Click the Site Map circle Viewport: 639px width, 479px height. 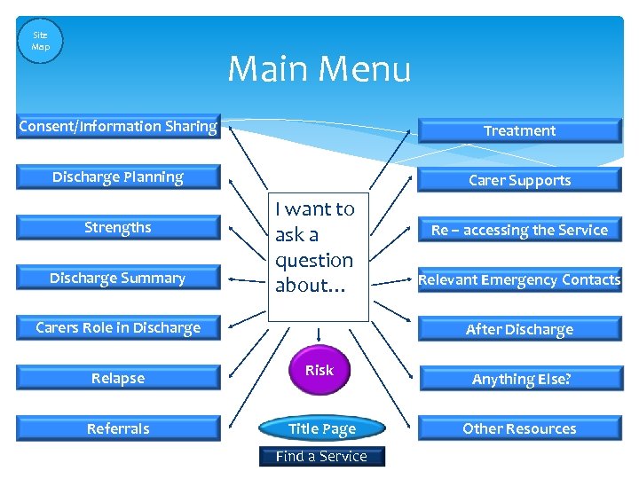[x=41, y=41]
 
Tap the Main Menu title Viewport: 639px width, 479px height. [x=319, y=68]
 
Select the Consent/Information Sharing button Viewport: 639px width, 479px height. [x=118, y=127]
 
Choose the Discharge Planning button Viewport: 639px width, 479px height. [x=118, y=177]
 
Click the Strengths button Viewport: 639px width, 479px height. [x=118, y=228]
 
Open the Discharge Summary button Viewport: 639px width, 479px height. [x=118, y=279]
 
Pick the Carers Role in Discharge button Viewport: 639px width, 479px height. [x=118, y=328]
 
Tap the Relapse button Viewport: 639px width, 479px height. [x=118, y=379]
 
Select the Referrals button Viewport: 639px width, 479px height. [x=118, y=429]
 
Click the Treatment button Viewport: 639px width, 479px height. [x=519, y=130]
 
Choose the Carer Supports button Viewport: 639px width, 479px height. [x=519, y=180]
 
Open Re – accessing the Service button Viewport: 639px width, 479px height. [x=519, y=230]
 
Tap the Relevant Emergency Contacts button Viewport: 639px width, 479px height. [x=519, y=280]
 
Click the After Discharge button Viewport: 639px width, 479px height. [x=519, y=330]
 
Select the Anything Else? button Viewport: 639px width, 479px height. [x=521, y=380]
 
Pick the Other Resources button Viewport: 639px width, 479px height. [x=519, y=429]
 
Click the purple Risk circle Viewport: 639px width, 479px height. [x=319, y=371]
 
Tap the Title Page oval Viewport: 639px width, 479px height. [x=321, y=429]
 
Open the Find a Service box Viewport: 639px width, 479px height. [x=321, y=457]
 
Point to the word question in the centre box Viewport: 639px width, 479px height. [x=314, y=261]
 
